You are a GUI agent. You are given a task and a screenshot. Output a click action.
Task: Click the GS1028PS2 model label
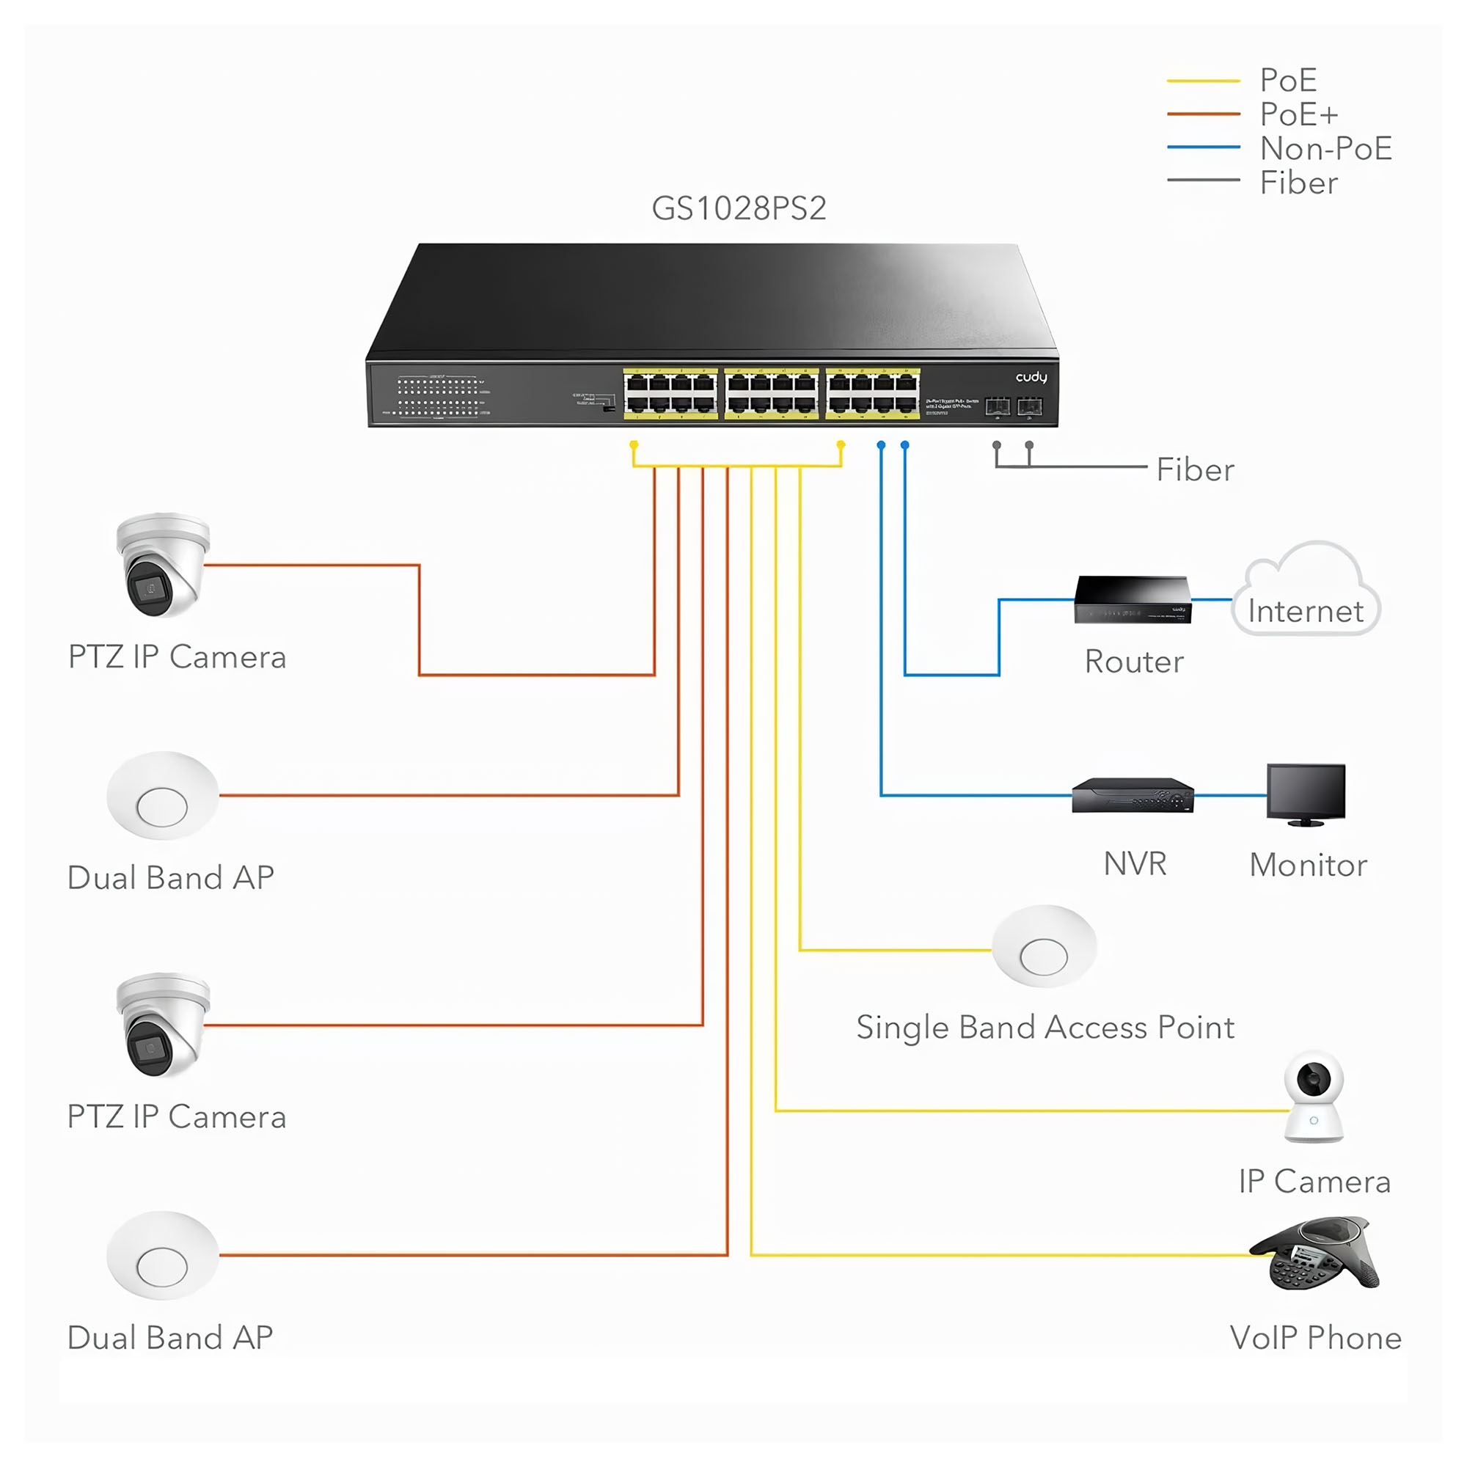tap(738, 208)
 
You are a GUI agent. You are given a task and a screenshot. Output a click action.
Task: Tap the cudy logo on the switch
tap(1031, 377)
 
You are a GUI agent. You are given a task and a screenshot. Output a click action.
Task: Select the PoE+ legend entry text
tap(1298, 114)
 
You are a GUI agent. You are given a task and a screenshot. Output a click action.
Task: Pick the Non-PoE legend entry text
tap(1325, 149)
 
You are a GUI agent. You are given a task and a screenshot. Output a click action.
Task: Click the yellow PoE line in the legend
tap(1203, 81)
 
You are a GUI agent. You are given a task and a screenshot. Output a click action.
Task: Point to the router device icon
tap(1132, 600)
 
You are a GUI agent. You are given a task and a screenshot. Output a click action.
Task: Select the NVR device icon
tap(1132, 795)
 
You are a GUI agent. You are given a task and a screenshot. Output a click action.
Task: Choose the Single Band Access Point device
tap(1044, 946)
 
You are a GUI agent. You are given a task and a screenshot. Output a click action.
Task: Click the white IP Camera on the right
tap(1313, 1097)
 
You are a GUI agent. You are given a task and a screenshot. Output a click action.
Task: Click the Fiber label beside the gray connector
tap(1194, 470)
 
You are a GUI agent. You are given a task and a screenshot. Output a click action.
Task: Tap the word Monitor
tap(1308, 865)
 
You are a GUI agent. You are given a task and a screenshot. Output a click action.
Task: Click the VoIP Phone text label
tap(1315, 1338)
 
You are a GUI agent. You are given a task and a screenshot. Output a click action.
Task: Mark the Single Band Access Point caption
tap(1045, 1028)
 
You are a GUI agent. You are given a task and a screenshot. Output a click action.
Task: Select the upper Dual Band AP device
tap(163, 795)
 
